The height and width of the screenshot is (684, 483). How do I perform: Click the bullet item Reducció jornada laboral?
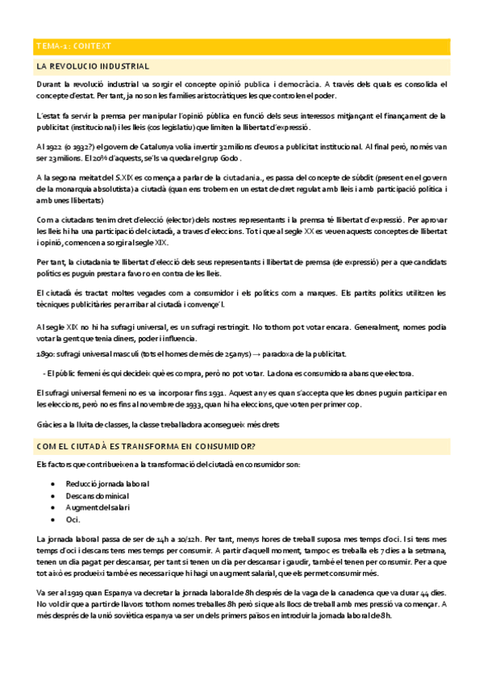pos(106,483)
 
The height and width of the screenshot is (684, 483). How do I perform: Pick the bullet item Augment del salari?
pos(97,507)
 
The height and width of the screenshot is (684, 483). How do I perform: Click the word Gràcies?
pos(50,424)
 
